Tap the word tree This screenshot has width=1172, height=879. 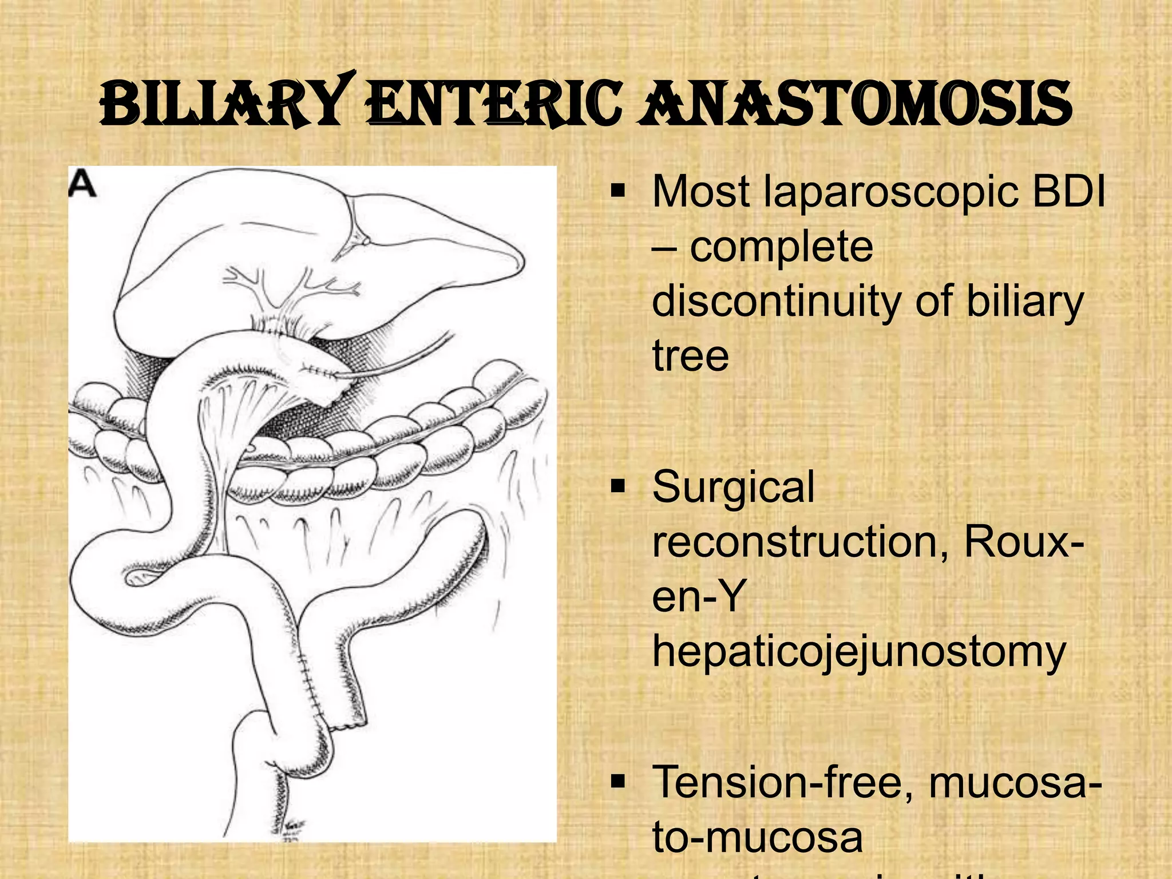click(x=691, y=356)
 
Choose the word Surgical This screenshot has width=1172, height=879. click(x=733, y=487)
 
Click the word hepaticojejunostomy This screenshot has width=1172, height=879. click(x=859, y=652)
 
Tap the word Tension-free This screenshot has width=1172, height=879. click(x=785, y=782)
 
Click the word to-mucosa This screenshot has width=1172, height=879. click(x=757, y=837)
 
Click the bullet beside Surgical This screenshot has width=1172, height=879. click(x=618, y=486)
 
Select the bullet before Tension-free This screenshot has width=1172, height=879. click(x=618, y=782)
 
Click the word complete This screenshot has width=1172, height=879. click(x=781, y=247)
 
